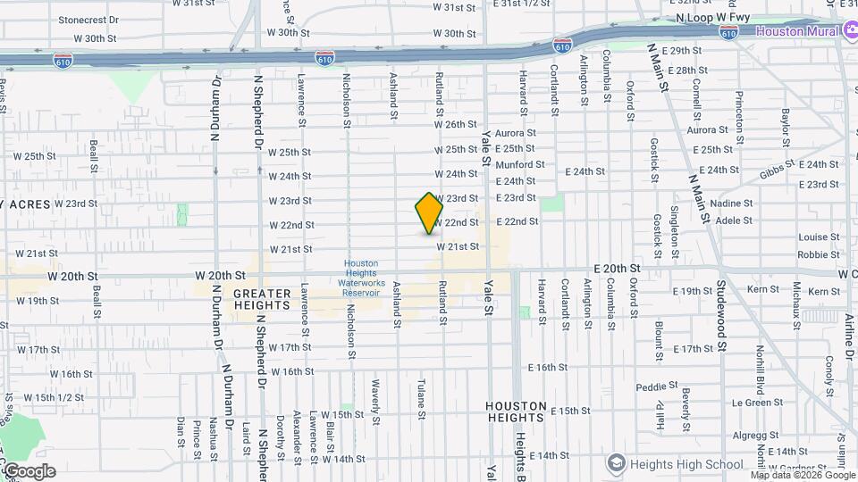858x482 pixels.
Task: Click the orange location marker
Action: click(x=429, y=212)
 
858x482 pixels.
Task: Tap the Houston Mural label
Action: click(x=797, y=31)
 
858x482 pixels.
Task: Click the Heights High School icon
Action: click(x=615, y=463)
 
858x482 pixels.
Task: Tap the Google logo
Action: click(x=29, y=470)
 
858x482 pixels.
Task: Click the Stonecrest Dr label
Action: click(x=88, y=20)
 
